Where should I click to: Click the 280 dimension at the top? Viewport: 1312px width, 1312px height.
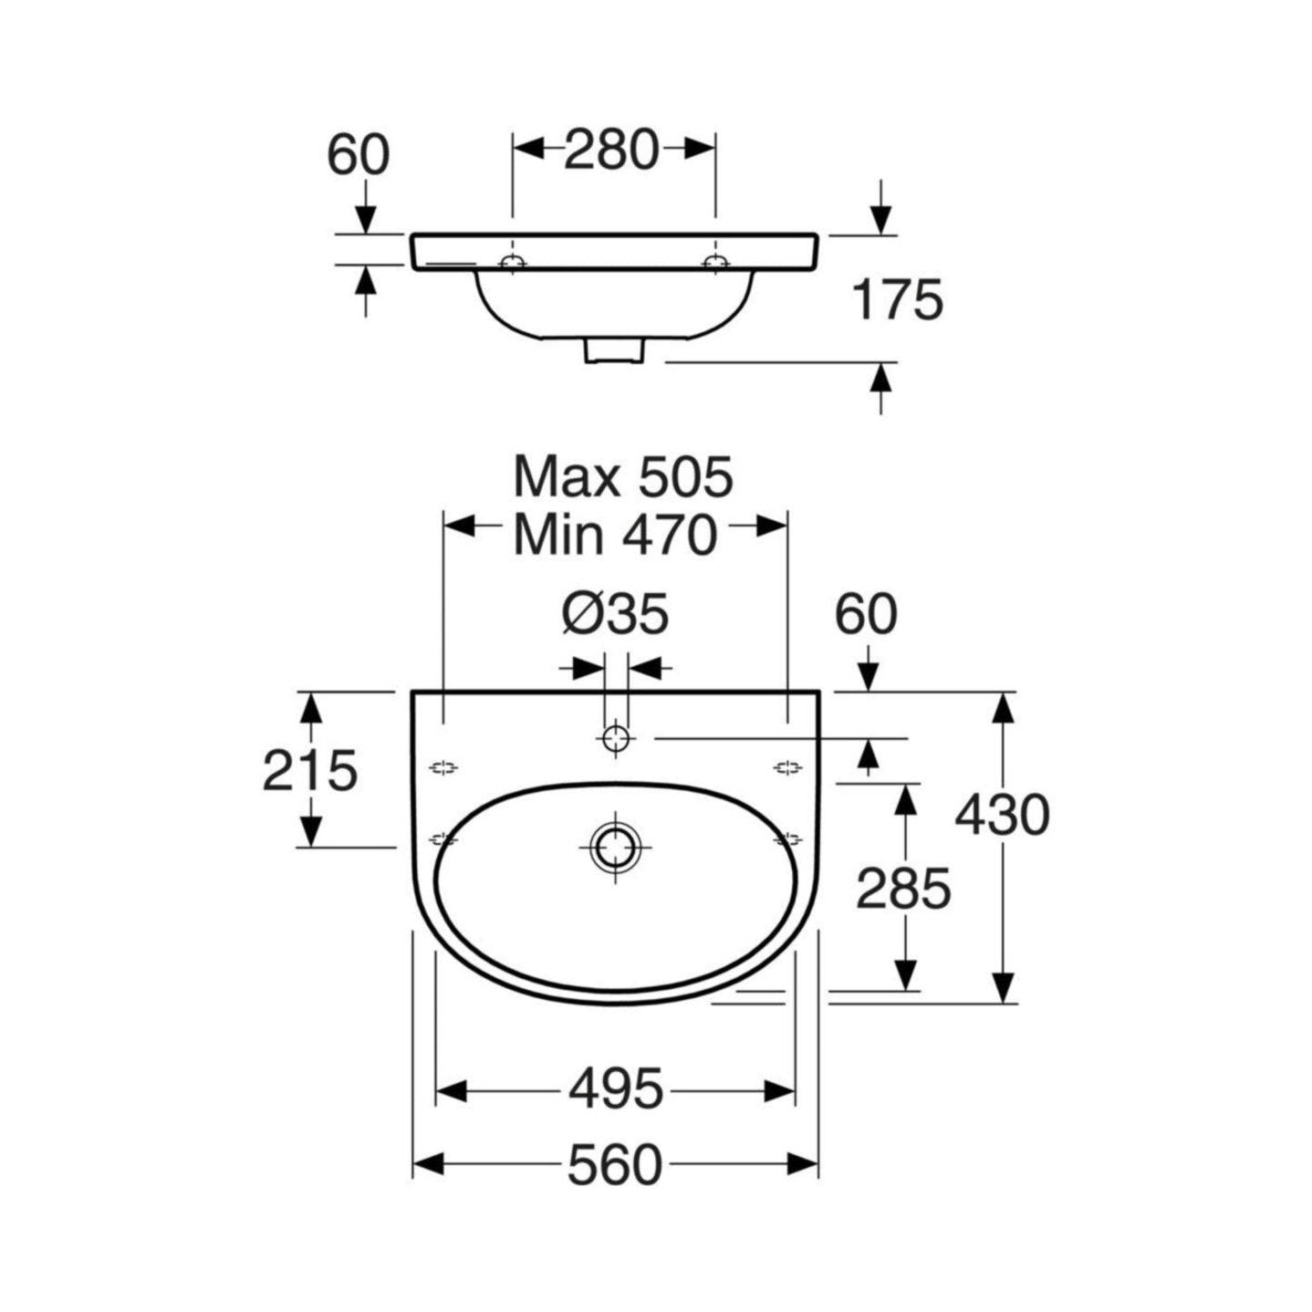point(611,151)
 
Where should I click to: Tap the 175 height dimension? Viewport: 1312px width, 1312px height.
point(898,300)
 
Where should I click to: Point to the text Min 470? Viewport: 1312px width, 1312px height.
point(616,536)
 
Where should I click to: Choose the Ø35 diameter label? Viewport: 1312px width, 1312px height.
point(616,615)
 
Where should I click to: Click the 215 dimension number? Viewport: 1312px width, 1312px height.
point(310,771)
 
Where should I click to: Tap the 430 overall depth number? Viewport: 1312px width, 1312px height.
point(1002,815)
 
